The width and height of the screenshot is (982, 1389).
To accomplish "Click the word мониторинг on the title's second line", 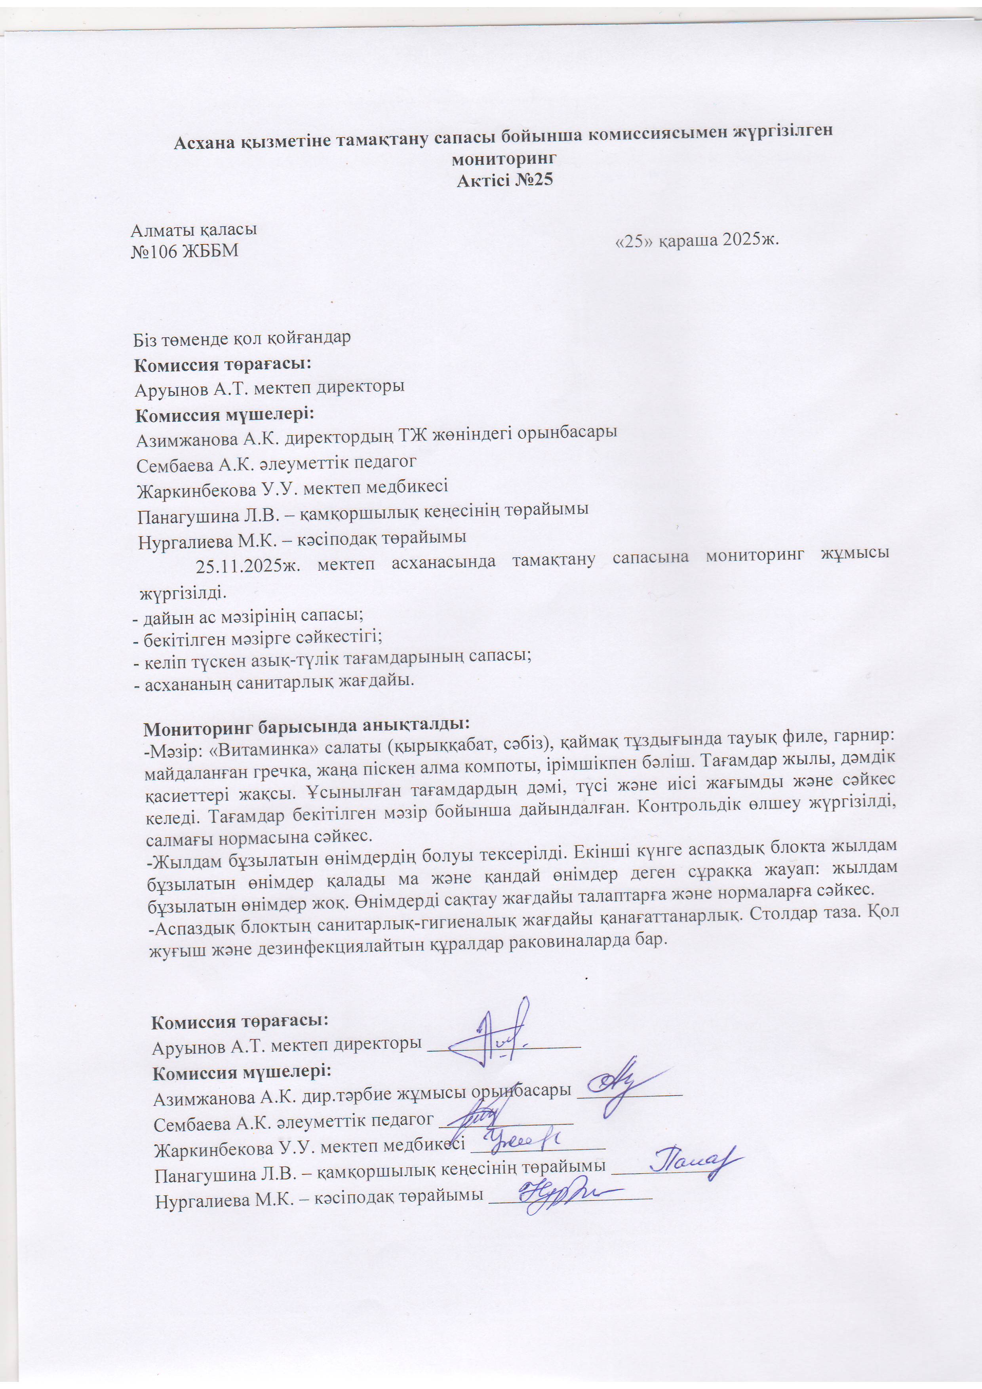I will point(503,159).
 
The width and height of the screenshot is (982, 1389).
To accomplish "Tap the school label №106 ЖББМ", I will point(185,251).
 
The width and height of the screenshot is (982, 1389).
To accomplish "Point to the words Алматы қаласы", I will point(194,230).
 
